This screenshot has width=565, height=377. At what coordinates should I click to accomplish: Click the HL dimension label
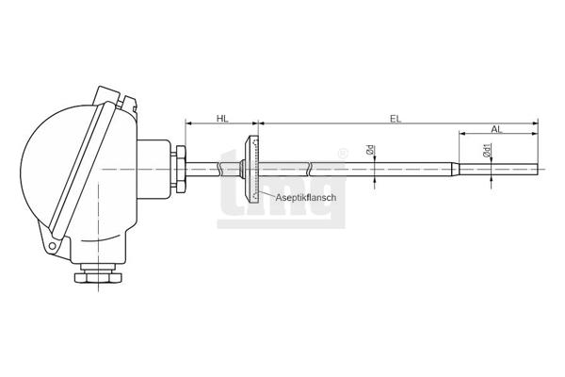point(222,119)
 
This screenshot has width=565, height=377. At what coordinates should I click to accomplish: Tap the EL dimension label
point(395,119)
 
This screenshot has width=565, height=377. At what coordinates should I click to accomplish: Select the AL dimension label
point(496,129)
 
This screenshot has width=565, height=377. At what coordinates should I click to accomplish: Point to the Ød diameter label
point(370,150)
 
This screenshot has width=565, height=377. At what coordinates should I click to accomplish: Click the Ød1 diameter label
point(487,150)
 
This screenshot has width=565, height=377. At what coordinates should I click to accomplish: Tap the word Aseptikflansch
point(306,197)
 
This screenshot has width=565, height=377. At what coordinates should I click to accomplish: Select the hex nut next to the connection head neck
point(179,169)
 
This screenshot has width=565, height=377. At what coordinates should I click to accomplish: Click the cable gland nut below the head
point(98,277)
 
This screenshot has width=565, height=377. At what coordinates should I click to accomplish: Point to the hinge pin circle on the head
point(53,246)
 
